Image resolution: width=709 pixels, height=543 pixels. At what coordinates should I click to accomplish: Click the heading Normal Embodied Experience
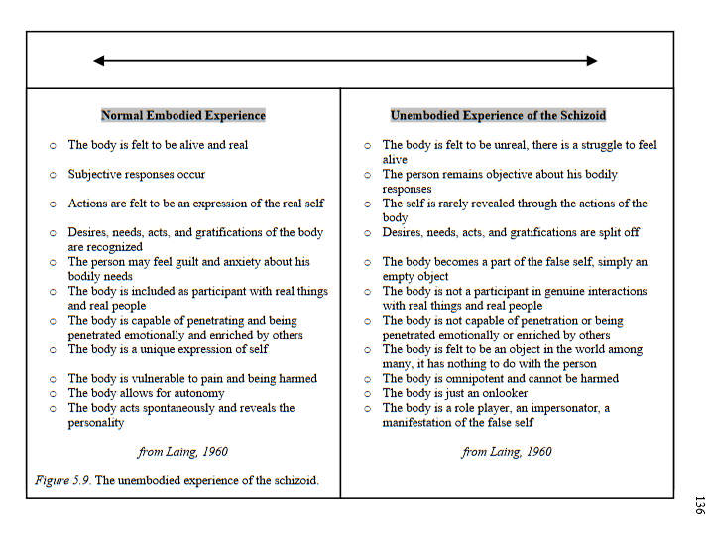pyautogui.click(x=183, y=115)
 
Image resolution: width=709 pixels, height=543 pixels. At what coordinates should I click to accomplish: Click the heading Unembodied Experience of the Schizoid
pyautogui.click(x=498, y=115)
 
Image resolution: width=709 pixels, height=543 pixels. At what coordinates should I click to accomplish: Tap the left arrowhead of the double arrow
pyautogui.click(x=98, y=61)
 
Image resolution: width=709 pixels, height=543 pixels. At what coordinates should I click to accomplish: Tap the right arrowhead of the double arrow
pyautogui.click(x=592, y=61)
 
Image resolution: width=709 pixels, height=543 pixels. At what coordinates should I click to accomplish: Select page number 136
pyautogui.click(x=698, y=503)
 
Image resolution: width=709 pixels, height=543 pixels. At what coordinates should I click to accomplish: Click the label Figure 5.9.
pyautogui.click(x=62, y=480)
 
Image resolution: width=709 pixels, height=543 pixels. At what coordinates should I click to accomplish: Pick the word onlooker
pyautogui.click(x=504, y=393)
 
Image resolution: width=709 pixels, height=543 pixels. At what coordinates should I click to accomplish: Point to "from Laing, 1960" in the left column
pyautogui.click(x=182, y=452)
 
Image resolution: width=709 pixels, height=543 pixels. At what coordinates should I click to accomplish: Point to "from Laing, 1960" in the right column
pyautogui.click(x=507, y=452)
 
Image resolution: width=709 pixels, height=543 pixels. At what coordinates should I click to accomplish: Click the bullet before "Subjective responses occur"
pyautogui.click(x=53, y=175)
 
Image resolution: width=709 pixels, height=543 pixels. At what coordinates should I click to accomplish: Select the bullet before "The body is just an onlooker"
pyautogui.click(x=367, y=393)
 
